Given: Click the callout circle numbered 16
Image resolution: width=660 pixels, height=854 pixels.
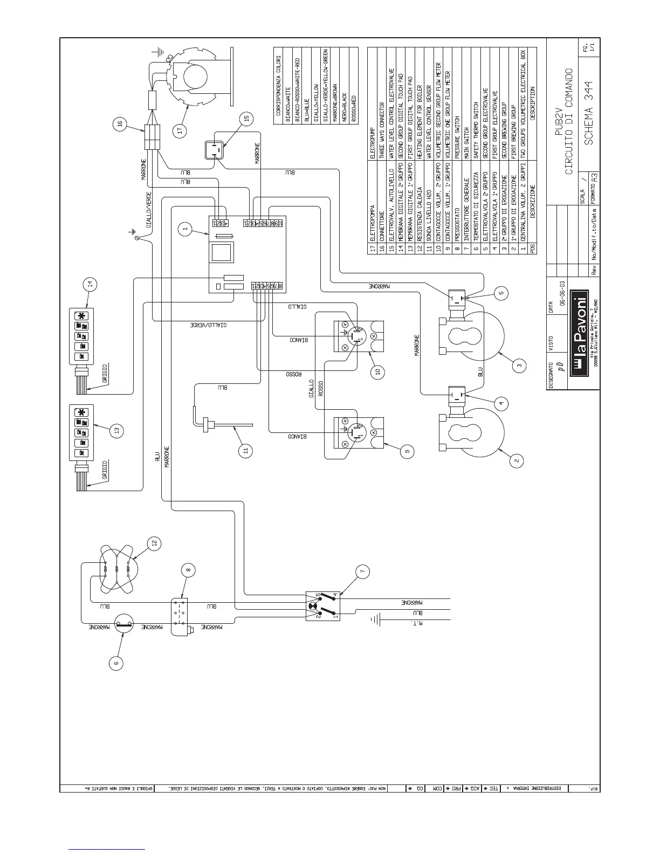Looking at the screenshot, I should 120,125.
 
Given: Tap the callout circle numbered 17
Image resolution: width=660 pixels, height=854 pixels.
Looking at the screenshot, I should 180,130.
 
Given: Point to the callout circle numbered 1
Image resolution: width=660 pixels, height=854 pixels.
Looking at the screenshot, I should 184,229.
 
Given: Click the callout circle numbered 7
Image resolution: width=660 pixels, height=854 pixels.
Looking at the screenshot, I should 362,571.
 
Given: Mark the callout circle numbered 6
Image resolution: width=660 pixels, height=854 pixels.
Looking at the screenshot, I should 115,663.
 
